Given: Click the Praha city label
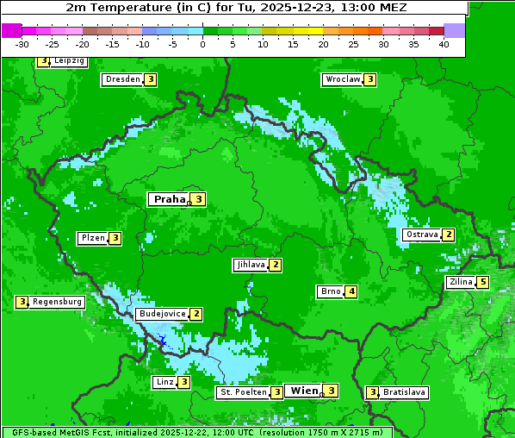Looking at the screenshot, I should click(170, 199).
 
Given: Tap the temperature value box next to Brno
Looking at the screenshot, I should click(351, 291).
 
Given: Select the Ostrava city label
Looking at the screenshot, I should click(421, 235).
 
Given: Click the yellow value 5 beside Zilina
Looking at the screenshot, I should click(483, 282).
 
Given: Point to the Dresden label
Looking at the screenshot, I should click(121, 79).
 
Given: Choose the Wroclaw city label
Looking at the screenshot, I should click(342, 79).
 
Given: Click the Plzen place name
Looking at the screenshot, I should click(92, 238).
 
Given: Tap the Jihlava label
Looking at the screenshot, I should click(250, 265).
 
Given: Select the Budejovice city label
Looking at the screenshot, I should click(162, 314).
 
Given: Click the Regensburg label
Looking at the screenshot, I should click(57, 302).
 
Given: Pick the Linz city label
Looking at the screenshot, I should click(164, 382).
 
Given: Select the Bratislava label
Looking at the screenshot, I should click(404, 392).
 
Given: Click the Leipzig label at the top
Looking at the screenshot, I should click(68, 61).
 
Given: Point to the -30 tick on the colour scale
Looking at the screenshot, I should click(22, 44).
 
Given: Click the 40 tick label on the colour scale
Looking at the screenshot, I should click(444, 44).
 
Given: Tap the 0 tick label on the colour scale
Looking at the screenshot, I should click(202, 44).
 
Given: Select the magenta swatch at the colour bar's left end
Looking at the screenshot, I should click(11, 30).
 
